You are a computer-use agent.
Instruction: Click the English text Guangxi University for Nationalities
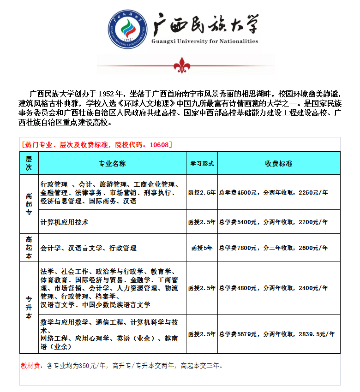click(204, 41)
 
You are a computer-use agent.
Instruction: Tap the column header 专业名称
click(112, 164)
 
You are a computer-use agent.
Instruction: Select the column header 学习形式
click(202, 164)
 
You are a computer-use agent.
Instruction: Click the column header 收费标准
click(278, 164)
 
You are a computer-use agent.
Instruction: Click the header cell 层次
click(29, 163)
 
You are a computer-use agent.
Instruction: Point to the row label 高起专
click(29, 204)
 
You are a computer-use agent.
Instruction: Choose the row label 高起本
click(29, 248)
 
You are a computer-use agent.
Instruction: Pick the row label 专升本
click(29, 307)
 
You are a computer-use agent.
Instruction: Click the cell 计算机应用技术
click(65, 222)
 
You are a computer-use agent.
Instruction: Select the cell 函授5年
click(202, 248)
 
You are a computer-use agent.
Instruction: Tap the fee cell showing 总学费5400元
click(273, 222)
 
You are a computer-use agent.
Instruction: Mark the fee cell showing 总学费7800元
click(273, 248)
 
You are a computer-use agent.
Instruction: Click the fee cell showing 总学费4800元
click(273, 288)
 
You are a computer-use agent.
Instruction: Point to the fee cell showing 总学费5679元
click(276, 334)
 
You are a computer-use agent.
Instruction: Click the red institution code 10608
click(159, 144)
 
